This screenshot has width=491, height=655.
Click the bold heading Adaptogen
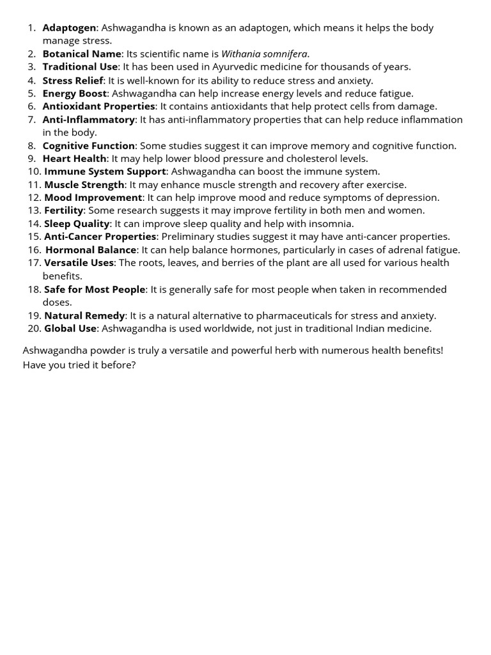pos(69,28)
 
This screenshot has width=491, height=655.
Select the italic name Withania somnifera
pos(264,54)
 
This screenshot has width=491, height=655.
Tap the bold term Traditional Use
pos(80,67)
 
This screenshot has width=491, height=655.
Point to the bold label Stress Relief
pos(72,81)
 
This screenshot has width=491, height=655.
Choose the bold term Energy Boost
pos(74,93)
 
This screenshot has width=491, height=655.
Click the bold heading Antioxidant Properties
pos(98,106)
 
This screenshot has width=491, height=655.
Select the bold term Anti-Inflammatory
pos(88,120)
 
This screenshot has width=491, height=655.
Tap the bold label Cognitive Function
pos(88,146)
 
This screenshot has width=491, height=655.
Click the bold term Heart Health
pos(74,159)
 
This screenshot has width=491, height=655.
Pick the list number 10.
pos(35,171)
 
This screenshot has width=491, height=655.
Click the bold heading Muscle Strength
pos(84,185)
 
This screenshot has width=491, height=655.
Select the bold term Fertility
pos(63,210)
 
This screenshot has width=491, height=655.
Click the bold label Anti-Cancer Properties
pos(100,237)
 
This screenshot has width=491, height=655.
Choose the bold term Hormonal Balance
pos(91,250)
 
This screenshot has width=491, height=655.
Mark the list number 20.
pos(35,329)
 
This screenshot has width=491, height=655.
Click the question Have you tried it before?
pos(79,365)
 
